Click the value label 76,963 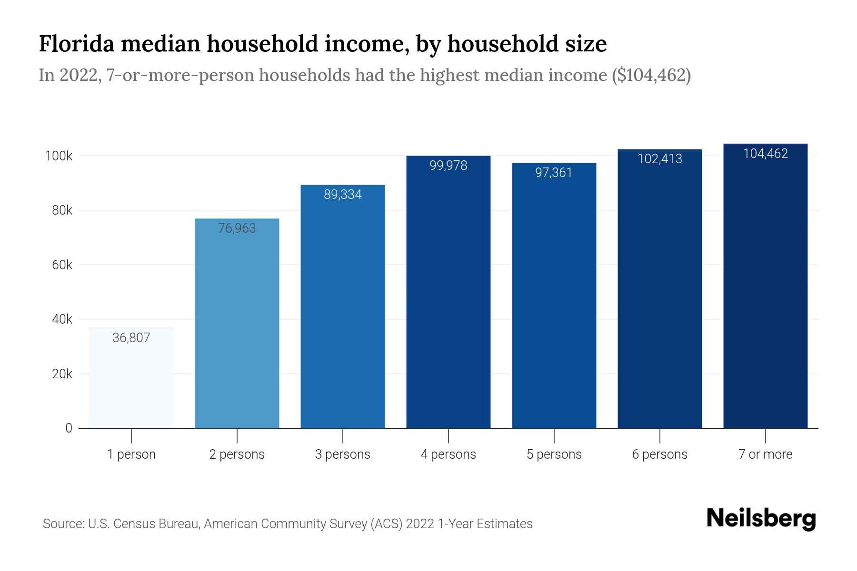tap(237, 228)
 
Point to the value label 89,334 tap(343, 195)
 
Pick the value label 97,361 tap(554, 173)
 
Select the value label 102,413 tap(659, 159)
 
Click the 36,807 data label tap(131, 338)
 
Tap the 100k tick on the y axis tap(59, 156)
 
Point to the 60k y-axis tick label tap(62, 265)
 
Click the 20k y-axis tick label tap(62, 374)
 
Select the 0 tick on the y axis tap(69, 428)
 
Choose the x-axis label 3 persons tap(343, 454)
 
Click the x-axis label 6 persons tap(659, 454)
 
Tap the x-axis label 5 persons tap(554, 454)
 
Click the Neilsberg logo tap(761, 519)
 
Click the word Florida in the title tap(76, 44)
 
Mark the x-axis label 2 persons tap(237, 454)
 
